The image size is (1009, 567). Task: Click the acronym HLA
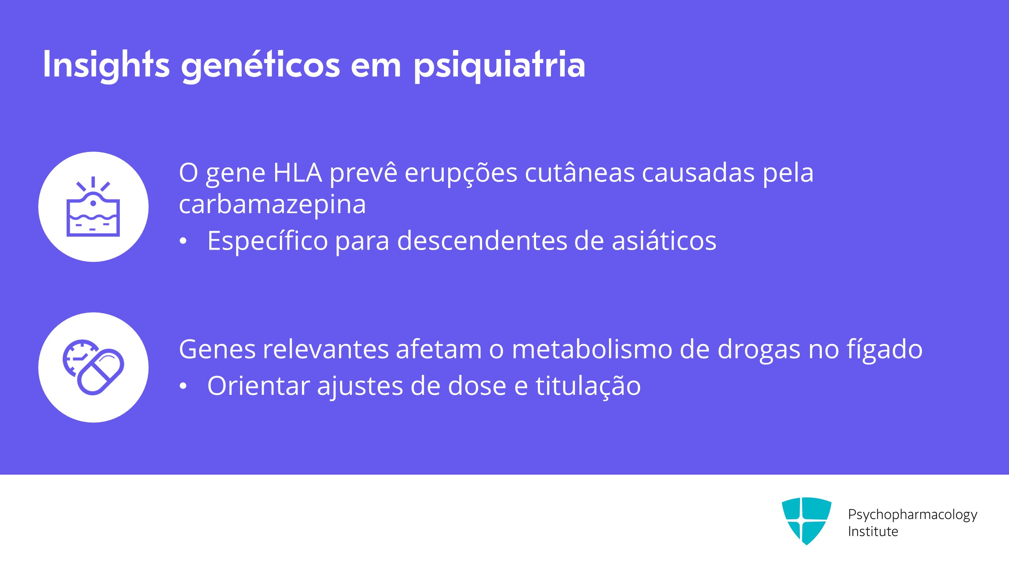(298, 173)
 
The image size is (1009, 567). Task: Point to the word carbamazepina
(272, 204)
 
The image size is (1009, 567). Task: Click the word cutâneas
(580, 173)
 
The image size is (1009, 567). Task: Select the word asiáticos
(664, 241)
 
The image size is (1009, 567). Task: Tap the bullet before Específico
(183, 241)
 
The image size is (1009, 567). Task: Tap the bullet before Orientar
(183, 386)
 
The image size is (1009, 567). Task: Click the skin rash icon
(93, 207)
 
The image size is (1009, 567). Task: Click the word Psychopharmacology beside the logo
(912, 515)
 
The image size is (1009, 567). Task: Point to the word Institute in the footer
(873, 532)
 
